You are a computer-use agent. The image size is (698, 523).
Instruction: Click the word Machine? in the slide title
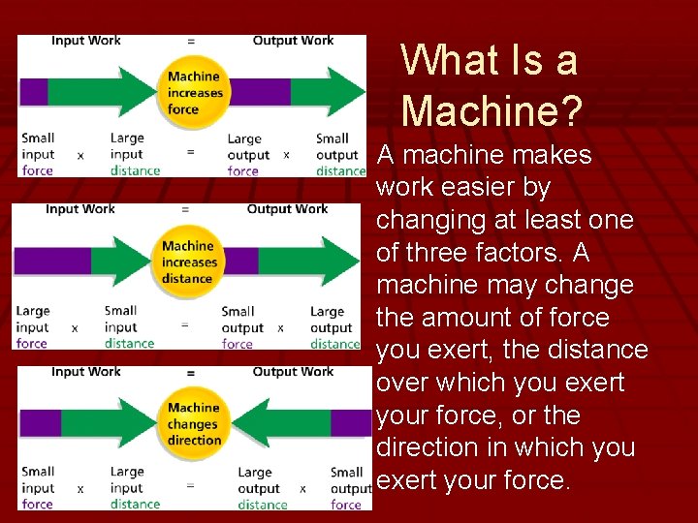click(492, 109)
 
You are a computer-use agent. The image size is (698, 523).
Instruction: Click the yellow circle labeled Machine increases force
click(195, 93)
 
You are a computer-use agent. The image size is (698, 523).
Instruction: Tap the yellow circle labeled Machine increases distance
click(189, 262)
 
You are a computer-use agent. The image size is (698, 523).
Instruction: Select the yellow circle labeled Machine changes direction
click(194, 424)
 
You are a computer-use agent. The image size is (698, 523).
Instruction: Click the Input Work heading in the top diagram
click(85, 41)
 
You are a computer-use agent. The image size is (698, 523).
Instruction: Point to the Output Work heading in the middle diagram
click(287, 209)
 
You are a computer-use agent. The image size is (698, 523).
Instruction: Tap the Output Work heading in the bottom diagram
click(293, 372)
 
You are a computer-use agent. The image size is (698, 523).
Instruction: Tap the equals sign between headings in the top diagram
click(191, 42)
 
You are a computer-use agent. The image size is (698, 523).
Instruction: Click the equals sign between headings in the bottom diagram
click(191, 373)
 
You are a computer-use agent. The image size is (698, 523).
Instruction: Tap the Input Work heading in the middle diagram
click(79, 209)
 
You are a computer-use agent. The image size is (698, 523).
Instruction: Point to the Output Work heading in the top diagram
click(293, 41)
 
